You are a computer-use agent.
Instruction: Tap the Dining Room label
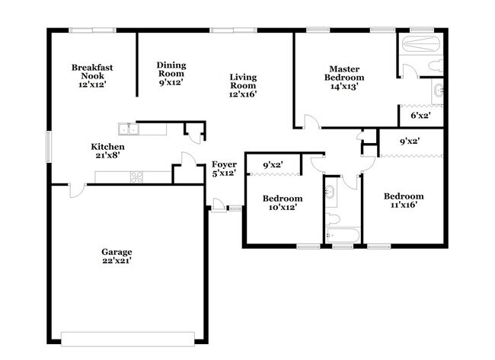click(171, 73)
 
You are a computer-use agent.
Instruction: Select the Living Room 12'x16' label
click(243, 85)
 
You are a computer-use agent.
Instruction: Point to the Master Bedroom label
click(344, 77)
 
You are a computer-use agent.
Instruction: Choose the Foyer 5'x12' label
click(224, 168)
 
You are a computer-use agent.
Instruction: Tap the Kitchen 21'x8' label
click(108, 151)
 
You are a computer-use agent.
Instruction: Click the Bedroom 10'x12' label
click(279, 202)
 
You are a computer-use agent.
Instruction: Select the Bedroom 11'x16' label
click(404, 201)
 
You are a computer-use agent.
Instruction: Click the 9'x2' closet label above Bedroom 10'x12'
click(273, 164)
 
